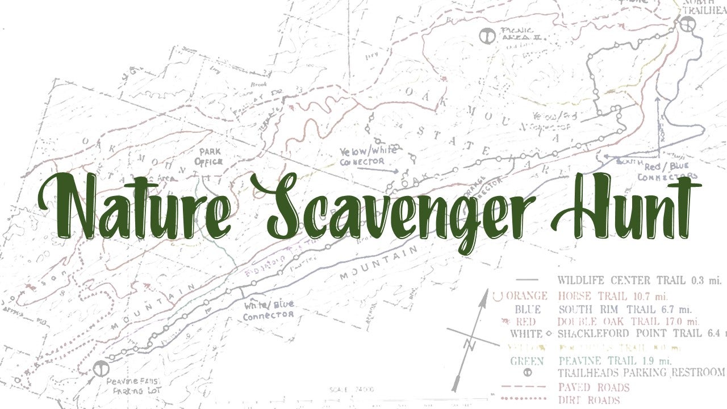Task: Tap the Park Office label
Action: tap(208, 157)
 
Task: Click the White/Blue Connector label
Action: tap(268, 310)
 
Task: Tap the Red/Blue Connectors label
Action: tap(666, 172)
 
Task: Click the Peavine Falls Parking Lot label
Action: tap(134, 386)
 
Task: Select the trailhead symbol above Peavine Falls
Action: tap(101, 368)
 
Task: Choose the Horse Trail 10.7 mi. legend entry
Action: tap(612, 296)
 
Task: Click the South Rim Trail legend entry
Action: tap(624, 310)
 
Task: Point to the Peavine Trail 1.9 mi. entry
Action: tap(615, 361)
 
